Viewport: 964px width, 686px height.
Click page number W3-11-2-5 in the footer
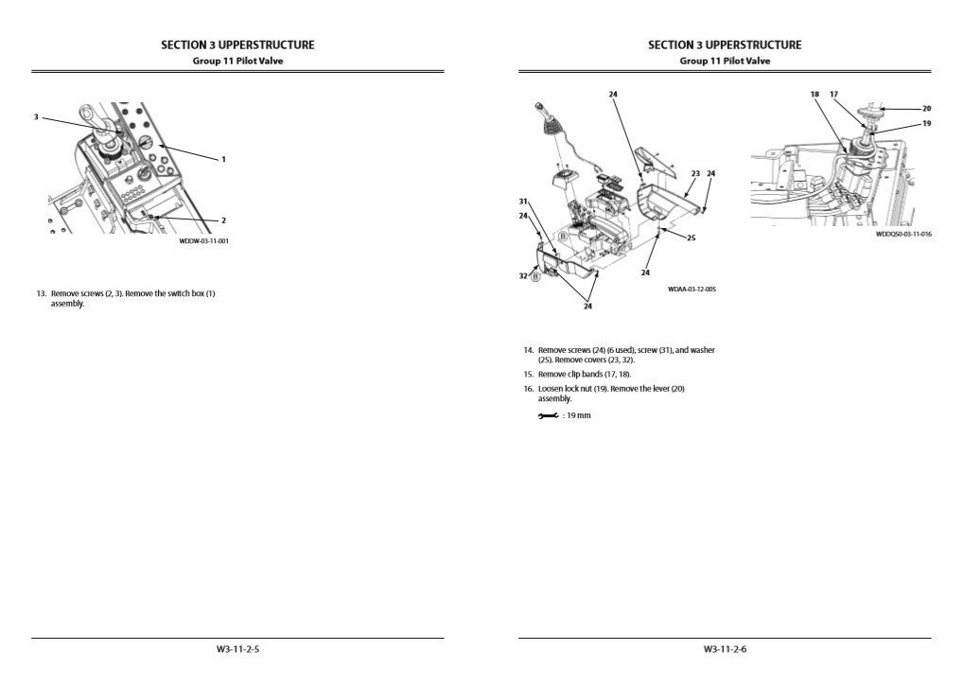(237, 649)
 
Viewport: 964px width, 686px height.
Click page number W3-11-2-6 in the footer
(725, 649)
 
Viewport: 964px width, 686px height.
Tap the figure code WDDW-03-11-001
(204, 240)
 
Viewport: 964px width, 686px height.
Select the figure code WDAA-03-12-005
(692, 289)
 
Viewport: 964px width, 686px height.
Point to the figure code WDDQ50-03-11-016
(903, 234)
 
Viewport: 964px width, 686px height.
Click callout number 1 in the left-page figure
(223, 159)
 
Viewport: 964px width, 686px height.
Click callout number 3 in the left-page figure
(36, 117)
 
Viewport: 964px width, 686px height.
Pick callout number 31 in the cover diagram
(523, 202)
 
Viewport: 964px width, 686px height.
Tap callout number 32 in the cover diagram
(523, 275)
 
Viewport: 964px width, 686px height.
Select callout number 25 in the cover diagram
(691, 237)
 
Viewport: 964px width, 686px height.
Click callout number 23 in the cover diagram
(694, 173)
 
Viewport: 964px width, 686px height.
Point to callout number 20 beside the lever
(926, 108)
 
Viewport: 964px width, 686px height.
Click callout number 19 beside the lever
(926, 123)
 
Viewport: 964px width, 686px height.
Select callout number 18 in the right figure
(815, 95)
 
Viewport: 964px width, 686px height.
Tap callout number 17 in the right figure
(833, 95)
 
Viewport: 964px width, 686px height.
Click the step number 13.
(42, 293)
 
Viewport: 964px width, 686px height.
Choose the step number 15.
(529, 375)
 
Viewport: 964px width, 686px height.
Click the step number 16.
(529, 389)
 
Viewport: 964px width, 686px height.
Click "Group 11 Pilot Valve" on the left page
(237, 61)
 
